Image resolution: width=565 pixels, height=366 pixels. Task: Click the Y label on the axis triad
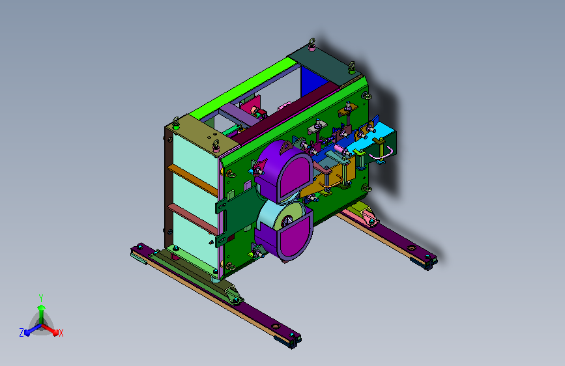(41, 298)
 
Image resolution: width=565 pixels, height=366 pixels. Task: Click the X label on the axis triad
(61, 333)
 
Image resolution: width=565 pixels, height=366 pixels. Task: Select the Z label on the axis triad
(22, 333)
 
